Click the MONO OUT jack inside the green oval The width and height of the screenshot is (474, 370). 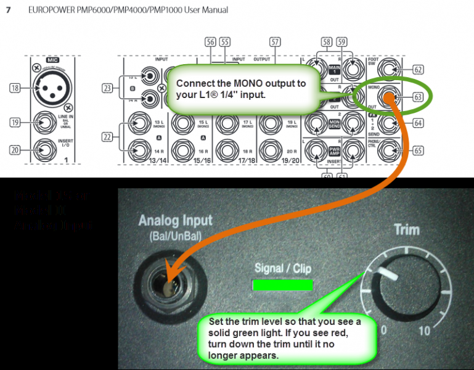click(389, 97)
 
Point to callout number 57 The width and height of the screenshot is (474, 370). click(274, 42)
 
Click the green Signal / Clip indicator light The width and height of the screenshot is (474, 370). click(282, 285)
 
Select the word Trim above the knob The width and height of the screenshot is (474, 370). click(406, 231)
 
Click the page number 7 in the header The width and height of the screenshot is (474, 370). click(9, 10)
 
